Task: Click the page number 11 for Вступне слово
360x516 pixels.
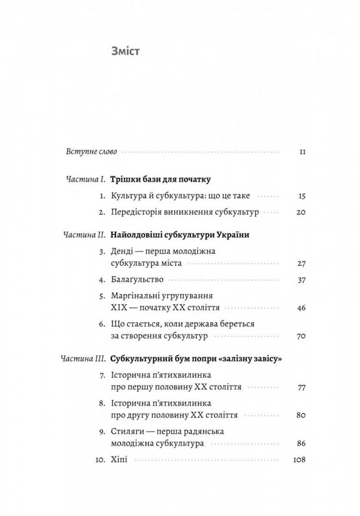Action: point(303,152)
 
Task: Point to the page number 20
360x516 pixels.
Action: point(302,212)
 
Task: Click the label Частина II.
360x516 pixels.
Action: point(85,235)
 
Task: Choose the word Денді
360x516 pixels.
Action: point(122,251)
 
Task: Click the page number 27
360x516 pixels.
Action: point(302,263)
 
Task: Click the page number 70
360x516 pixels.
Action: point(302,336)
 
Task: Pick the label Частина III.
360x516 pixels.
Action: point(83,358)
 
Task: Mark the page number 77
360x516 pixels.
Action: point(302,386)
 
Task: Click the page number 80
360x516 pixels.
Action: point(302,414)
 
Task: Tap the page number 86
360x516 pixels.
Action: point(302,443)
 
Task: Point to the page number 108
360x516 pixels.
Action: point(300,459)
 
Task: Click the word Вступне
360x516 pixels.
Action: point(82,152)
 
